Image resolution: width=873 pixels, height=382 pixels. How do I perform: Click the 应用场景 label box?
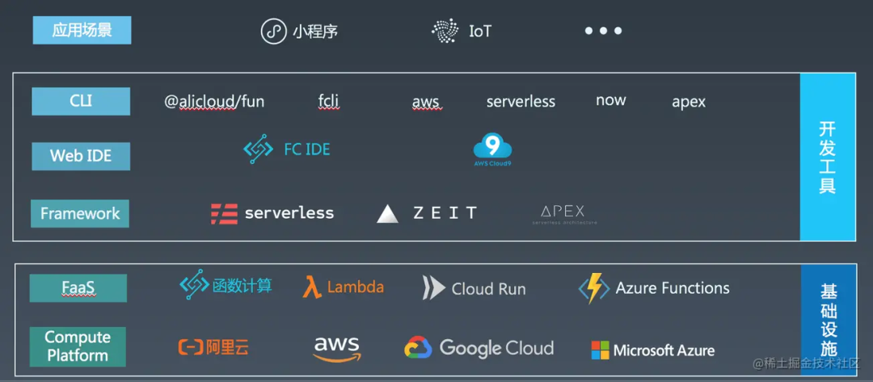pos(82,31)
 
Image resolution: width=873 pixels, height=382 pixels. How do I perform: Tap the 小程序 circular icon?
pos(274,31)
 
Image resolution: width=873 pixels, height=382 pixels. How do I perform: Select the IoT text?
pos(480,31)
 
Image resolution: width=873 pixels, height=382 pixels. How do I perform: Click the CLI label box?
pos(81,101)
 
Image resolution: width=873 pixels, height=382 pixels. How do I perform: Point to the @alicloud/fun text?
pos(214,101)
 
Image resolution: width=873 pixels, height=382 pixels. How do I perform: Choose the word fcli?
pos(328,101)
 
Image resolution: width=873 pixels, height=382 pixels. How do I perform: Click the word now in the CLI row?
pos(610,100)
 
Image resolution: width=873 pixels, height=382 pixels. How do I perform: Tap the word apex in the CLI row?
pos(688,102)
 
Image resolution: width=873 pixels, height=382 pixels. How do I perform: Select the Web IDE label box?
pos(81,156)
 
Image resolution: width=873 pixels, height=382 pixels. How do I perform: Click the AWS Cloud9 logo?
pos(492,149)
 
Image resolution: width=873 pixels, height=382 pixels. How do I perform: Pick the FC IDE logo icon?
pos(259,149)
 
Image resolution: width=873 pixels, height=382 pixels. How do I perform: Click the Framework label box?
pos(80,214)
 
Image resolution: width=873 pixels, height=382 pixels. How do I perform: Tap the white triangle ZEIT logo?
pos(388,214)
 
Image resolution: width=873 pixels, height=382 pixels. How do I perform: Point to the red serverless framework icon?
pos(224,214)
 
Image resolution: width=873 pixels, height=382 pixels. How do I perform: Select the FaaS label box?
pos(78,288)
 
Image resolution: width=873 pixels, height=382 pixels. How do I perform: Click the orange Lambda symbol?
pos(312,288)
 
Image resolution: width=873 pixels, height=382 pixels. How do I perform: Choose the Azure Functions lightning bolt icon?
pos(594,288)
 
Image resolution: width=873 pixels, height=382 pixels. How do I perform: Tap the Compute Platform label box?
pos(78,346)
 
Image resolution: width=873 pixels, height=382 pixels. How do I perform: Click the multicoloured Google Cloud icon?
pos(418,348)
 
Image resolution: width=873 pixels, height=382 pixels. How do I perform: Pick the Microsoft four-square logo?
pos(600,351)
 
